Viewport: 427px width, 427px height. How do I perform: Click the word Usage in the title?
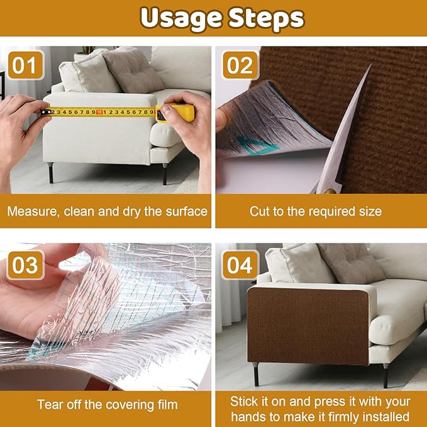pos(177,19)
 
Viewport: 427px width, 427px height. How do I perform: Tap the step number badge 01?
pos(25,65)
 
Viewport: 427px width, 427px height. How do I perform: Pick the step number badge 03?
pos(25,265)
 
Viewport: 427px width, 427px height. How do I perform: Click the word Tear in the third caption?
pos(49,404)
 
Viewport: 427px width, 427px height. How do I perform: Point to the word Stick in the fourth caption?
pos(245,401)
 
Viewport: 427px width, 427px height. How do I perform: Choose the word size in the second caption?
pos(369,211)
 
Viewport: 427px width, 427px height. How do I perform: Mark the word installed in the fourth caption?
pos(387,416)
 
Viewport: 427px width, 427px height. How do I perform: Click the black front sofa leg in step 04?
pos(256,375)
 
